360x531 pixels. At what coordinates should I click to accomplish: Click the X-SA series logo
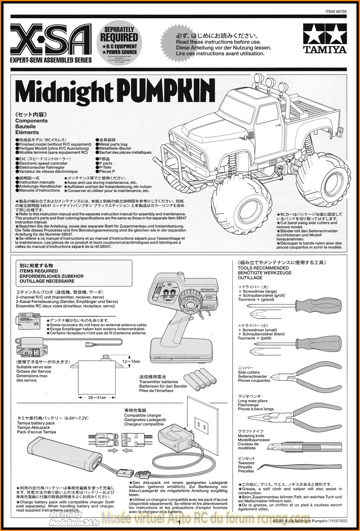pos(51,40)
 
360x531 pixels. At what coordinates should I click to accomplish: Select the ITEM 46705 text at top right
pos(336,12)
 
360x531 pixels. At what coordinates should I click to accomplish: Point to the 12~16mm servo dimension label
pos(131,362)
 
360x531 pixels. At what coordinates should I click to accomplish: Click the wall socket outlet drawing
pos(202,425)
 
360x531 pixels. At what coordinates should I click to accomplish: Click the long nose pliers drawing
pos(294,415)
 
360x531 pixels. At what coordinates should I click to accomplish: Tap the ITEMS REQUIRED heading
pos(39,271)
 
